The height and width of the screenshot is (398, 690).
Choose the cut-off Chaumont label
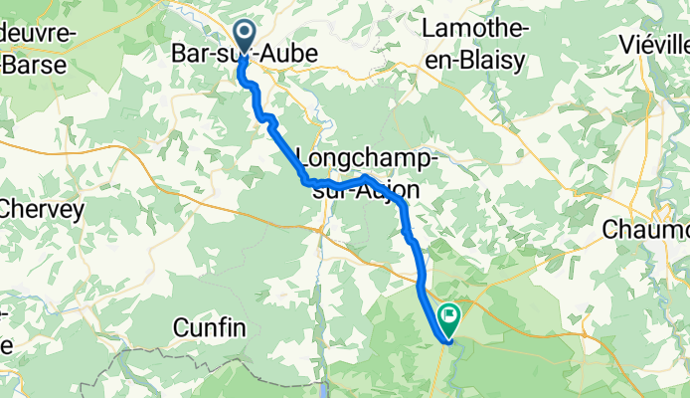click(646, 230)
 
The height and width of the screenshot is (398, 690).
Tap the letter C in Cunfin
click(181, 326)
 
